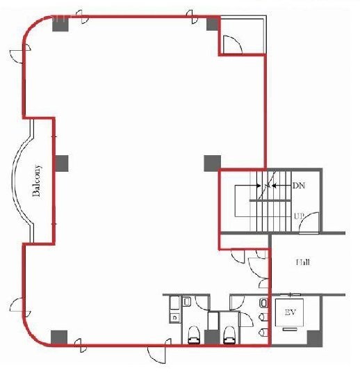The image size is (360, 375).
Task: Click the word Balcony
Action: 38,181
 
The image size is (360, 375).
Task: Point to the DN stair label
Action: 298,186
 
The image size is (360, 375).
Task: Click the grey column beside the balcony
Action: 63,163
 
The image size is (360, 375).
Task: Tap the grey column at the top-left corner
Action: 60,24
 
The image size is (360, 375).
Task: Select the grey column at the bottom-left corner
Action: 60,337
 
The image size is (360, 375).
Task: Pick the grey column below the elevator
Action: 315,338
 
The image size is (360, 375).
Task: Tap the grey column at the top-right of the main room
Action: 212,24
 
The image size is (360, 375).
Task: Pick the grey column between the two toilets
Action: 212,337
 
